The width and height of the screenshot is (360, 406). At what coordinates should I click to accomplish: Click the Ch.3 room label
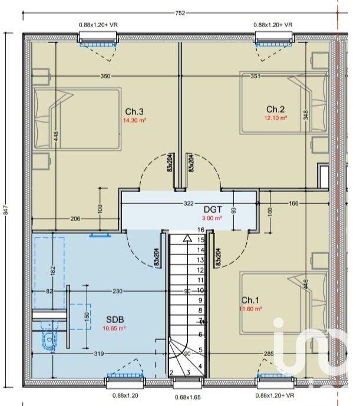tap(134, 112)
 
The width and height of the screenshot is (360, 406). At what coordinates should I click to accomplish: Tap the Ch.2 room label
tap(275, 109)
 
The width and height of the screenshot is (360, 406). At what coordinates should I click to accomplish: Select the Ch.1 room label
tap(251, 299)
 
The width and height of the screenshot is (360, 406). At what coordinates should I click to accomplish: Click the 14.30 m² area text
tap(134, 120)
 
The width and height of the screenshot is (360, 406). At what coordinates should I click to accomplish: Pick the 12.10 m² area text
tap(275, 118)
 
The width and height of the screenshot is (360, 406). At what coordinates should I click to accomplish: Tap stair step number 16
tap(200, 230)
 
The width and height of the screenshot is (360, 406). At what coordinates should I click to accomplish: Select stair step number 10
tap(200, 290)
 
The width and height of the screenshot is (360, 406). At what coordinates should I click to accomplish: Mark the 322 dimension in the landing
tap(189, 203)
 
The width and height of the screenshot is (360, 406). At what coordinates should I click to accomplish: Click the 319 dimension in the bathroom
tap(98, 354)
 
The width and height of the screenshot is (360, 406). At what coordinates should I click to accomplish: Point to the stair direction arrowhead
tap(187, 238)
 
